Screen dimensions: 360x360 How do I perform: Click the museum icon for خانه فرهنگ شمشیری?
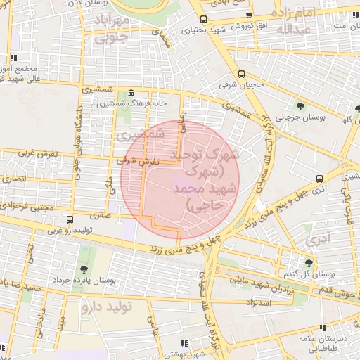click(x=131, y=94)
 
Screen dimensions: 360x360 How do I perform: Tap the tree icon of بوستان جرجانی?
click(x=301, y=106)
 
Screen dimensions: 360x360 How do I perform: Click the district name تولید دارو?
click(x=106, y=307)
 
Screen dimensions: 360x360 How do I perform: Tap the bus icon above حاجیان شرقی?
click(x=242, y=74)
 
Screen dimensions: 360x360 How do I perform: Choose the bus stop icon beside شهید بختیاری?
click(x=203, y=19)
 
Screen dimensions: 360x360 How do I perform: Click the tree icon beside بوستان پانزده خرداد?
click(x=84, y=269)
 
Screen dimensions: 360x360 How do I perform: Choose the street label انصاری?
click(x=15, y=179)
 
